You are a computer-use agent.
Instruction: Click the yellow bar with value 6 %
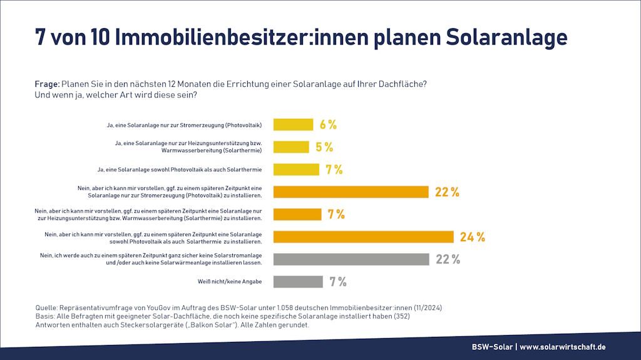(x=293, y=124)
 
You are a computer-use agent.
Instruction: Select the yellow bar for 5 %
(x=291, y=147)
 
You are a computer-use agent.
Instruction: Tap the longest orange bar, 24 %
(x=363, y=237)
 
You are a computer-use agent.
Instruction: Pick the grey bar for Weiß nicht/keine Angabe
(x=298, y=282)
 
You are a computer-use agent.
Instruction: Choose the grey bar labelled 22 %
(x=351, y=259)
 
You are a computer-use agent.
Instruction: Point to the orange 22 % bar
(x=351, y=192)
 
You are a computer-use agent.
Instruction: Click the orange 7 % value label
(x=336, y=214)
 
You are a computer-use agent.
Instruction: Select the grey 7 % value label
(x=337, y=282)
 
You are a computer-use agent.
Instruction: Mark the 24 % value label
(x=473, y=237)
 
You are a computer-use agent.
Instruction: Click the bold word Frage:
(x=47, y=84)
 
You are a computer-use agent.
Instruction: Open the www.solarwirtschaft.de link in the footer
(x=563, y=347)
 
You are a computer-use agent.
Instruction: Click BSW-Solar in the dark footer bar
(x=492, y=347)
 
